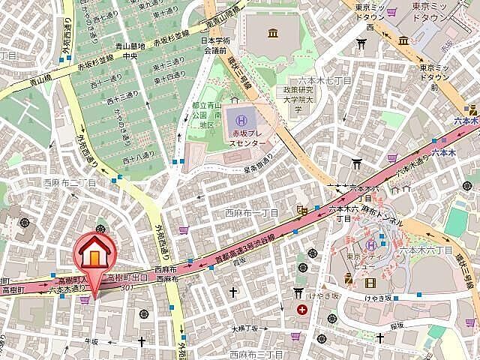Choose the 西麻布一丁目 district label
pos(251,213)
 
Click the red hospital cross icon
pos(301,309)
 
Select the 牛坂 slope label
pos(91,340)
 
